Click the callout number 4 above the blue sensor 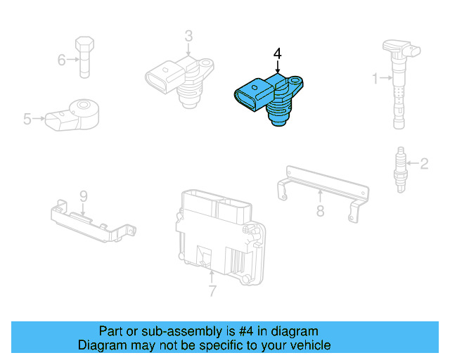point(278,53)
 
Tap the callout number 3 point(188,36)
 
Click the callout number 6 point(61,60)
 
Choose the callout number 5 point(27,120)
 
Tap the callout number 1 point(375,77)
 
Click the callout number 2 point(424,165)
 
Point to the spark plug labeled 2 point(400,169)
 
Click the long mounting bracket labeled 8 point(320,184)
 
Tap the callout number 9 point(82,195)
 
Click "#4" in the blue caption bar point(238,331)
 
